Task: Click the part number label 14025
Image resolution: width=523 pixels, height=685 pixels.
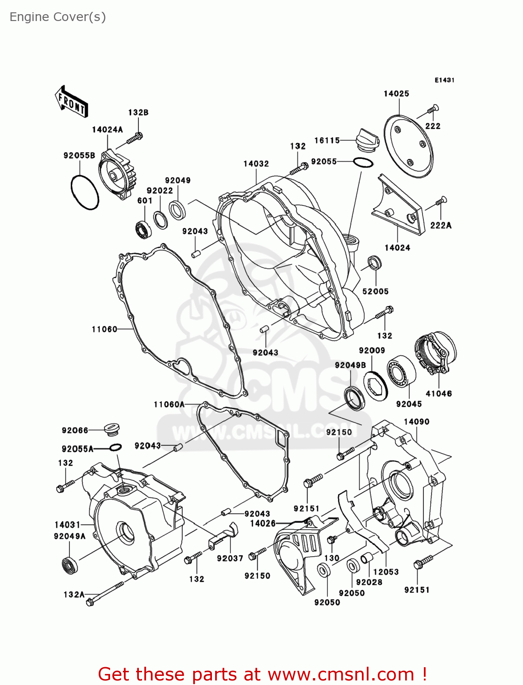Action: tap(396, 94)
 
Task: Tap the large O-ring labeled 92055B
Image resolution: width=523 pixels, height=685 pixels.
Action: tap(85, 192)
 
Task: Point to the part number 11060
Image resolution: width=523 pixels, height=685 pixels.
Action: tap(104, 329)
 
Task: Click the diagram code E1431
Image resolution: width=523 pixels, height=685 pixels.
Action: tap(444, 80)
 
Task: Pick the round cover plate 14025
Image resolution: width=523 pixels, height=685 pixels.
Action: tap(408, 146)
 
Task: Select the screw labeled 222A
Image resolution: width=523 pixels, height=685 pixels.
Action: tap(441, 201)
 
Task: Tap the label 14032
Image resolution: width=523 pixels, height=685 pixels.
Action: tap(256, 163)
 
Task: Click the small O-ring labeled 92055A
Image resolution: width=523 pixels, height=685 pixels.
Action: tap(115, 448)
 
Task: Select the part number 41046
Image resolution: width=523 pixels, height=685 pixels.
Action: tap(438, 394)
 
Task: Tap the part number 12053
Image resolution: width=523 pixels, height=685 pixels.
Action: tap(386, 572)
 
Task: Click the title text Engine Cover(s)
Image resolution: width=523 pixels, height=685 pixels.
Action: tap(58, 17)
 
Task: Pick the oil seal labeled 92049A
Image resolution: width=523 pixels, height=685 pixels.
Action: tap(69, 564)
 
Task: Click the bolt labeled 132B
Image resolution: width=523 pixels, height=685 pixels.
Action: tap(134, 138)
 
